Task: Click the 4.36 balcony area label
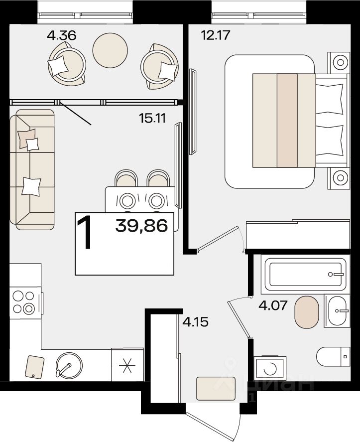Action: coord(62,36)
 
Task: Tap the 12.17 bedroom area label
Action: coord(216,35)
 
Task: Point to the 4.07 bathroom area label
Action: coord(273,305)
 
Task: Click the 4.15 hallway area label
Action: coord(196,321)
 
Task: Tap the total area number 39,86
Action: coord(142,226)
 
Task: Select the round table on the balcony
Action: coord(110,50)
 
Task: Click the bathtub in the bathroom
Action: coord(305,274)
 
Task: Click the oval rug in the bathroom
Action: coord(307,312)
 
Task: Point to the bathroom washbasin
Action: coord(337,311)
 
